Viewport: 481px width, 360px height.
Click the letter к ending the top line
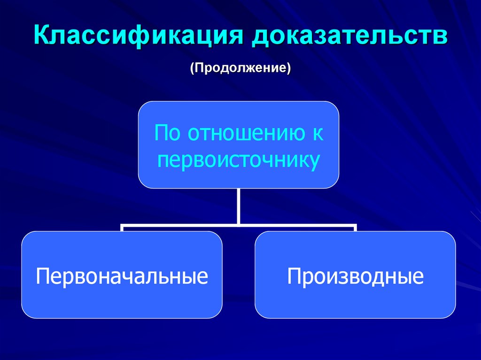318,134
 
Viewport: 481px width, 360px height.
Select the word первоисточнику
239,160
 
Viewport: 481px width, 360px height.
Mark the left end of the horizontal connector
122,227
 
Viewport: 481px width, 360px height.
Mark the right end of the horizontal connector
355,227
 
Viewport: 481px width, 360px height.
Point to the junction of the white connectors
239,224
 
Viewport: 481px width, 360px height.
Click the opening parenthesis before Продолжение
192,68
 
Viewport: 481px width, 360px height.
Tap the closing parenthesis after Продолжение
289,68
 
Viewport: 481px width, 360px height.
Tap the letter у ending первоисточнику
316,161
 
